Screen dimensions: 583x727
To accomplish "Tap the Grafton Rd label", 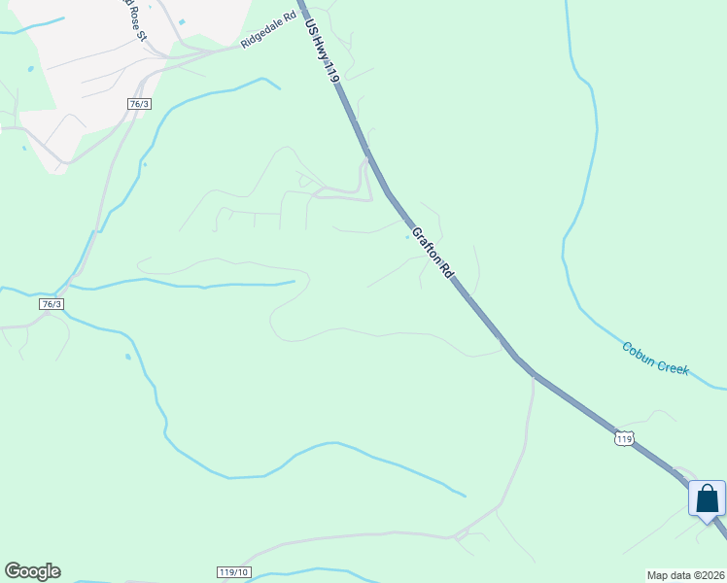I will click(x=433, y=253).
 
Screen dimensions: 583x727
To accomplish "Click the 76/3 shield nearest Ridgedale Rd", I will click(x=139, y=104).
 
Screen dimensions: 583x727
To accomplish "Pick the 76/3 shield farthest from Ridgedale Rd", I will click(x=52, y=304).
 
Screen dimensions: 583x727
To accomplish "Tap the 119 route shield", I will click(x=624, y=439).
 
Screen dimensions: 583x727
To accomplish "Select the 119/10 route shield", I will click(x=234, y=573).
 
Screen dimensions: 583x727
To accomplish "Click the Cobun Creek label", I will click(x=655, y=359).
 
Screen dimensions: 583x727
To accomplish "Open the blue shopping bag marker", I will click(x=707, y=498).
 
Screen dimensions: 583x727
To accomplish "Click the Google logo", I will click(x=32, y=571).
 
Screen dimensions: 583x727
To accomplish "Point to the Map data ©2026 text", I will click(x=685, y=574).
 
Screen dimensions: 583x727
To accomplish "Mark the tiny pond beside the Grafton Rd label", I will click(x=407, y=236).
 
